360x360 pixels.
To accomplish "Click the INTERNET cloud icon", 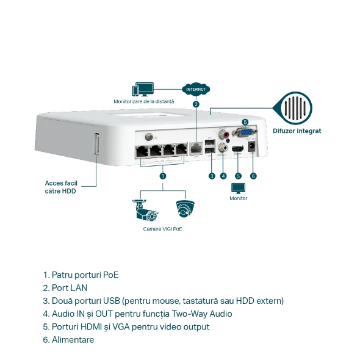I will [x=195, y=89].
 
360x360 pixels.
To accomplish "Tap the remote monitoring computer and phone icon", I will [x=144, y=89].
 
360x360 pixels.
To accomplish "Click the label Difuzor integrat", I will [x=297, y=131].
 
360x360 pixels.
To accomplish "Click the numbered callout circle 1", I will [x=162, y=175].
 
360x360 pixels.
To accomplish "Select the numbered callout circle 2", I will [x=195, y=104].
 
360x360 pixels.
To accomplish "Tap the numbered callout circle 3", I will [x=211, y=176].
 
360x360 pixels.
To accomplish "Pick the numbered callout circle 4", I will [x=223, y=176].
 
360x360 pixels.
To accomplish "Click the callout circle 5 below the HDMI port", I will [x=238, y=176].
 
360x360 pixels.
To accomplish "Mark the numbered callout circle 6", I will [x=253, y=176].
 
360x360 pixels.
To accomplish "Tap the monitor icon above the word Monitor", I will [x=238, y=188].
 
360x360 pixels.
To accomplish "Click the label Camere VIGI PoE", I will [x=162, y=229].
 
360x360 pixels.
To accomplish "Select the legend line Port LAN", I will [x=65, y=288].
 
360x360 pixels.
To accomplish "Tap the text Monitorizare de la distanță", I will [x=144, y=101].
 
